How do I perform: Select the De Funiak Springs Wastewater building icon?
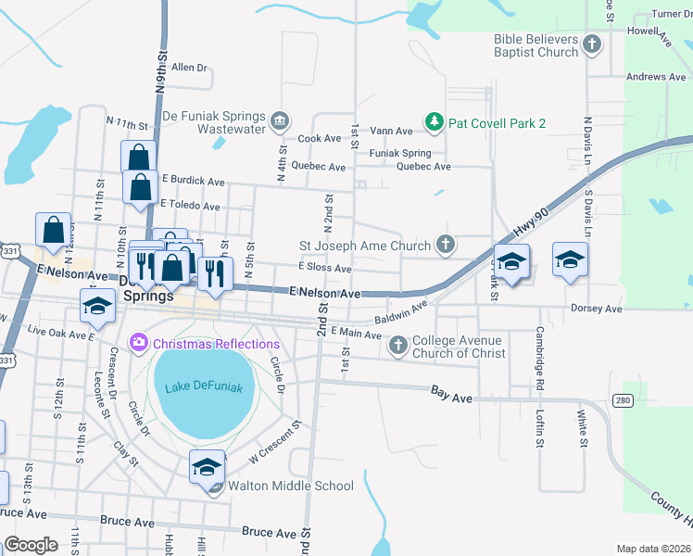pos(279,121)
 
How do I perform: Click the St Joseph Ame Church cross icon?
pos(446,246)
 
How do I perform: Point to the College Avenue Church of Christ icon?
pos(398,346)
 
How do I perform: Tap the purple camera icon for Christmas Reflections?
pos(140,344)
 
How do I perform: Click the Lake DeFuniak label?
pos(196,387)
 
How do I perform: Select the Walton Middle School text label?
pos(291,486)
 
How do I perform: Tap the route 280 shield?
pos(622,398)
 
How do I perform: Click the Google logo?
pos(31,545)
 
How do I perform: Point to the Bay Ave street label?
pos(452,394)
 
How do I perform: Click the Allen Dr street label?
pos(189,68)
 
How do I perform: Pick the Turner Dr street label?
pos(672,14)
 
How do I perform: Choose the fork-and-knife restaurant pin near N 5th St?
pos(214,274)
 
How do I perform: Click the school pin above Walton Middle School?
pos(207,468)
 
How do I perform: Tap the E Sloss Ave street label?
pos(324,268)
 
